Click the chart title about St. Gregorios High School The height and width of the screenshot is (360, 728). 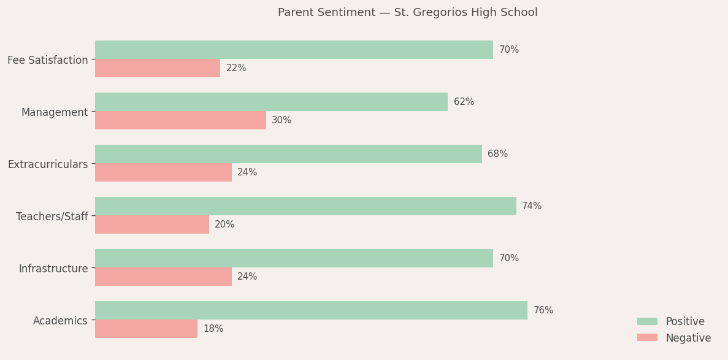point(407,13)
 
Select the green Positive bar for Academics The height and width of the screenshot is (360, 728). point(311,310)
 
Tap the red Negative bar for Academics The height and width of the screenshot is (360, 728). point(146,329)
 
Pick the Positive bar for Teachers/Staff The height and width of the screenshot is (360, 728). point(305,206)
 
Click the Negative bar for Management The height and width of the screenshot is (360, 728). point(180,120)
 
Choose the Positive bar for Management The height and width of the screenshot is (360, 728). point(271,102)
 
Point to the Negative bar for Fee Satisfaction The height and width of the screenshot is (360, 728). point(158,68)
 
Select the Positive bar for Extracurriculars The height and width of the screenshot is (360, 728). point(288,154)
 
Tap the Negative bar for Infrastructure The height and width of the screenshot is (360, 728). point(163,277)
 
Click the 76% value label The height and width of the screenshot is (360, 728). point(543,310)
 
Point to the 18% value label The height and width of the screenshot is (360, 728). point(213,329)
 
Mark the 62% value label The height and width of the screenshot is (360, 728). point(464,102)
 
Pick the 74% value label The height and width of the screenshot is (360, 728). point(532,206)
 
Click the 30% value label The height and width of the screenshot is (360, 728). point(282,120)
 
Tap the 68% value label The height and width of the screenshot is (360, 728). point(497,154)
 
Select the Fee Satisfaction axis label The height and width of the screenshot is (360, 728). point(48,60)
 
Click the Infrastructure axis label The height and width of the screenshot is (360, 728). point(53,269)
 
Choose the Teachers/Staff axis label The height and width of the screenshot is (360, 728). point(52,216)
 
